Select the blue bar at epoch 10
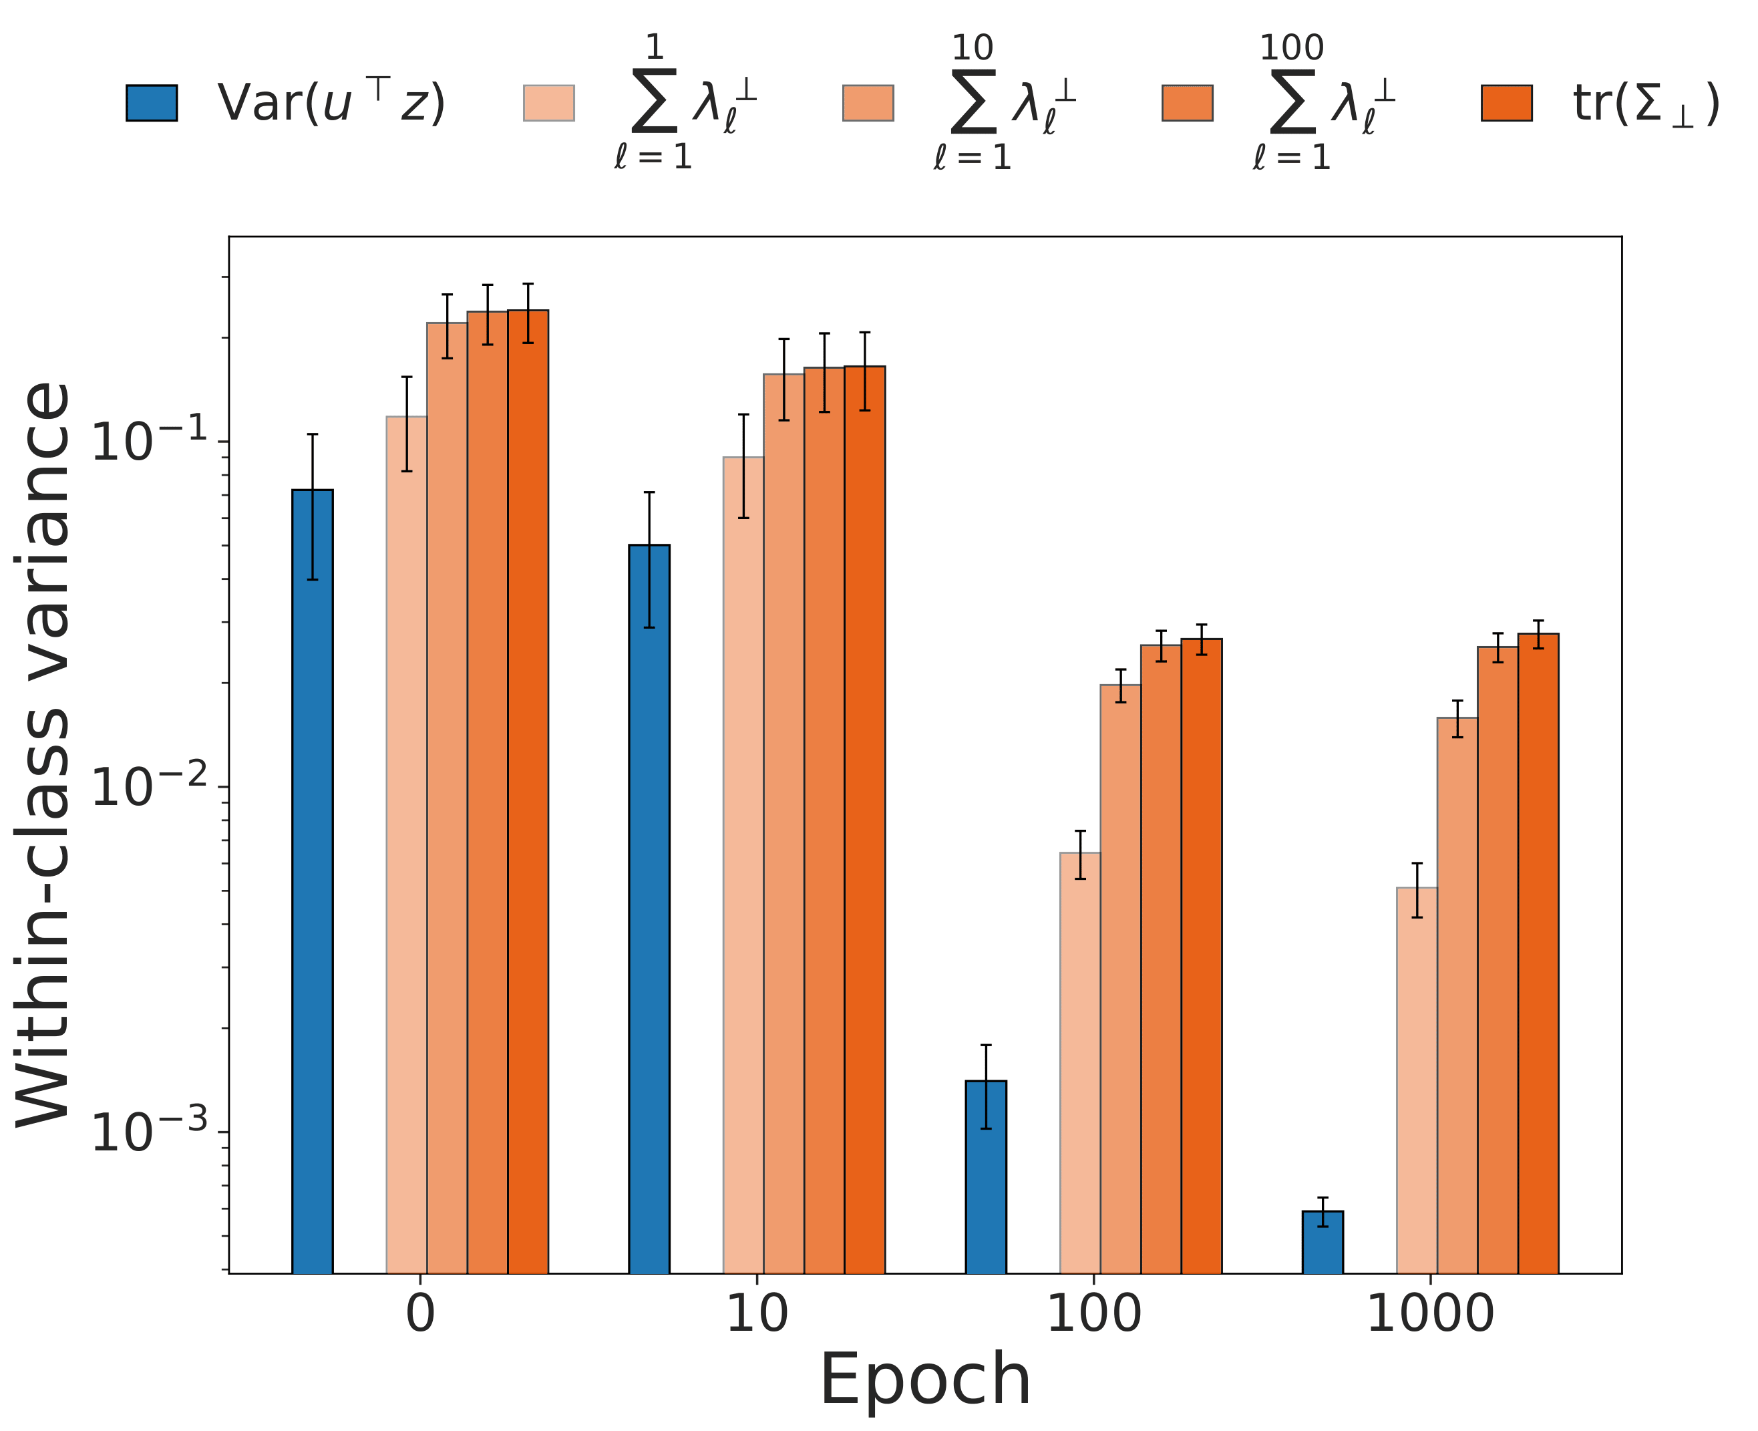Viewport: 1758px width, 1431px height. click(649, 907)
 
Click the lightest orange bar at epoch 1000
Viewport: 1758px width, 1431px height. click(1416, 1079)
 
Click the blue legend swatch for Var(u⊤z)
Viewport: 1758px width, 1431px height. click(152, 103)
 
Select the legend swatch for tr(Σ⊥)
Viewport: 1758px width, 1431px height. click(1507, 103)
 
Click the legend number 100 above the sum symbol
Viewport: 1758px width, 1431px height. click(1292, 48)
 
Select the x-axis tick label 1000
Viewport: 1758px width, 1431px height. click(1430, 1314)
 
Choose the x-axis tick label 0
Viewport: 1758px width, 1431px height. click(420, 1314)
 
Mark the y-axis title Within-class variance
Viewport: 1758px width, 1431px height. click(45, 754)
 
